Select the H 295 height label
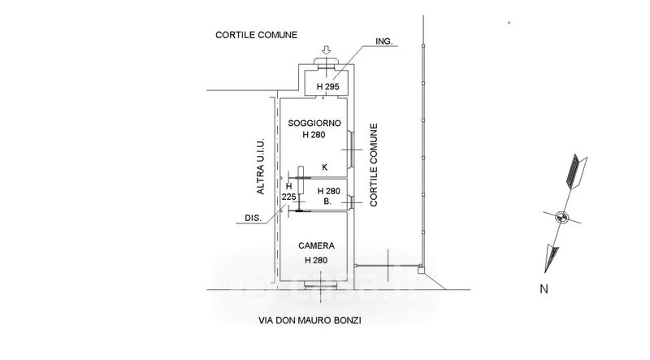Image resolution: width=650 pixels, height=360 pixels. coord(327,86)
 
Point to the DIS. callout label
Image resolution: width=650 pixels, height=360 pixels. coord(253,218)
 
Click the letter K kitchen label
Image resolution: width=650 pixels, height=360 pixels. coord(324,167)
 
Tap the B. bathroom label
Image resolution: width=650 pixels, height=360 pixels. coord(326,201)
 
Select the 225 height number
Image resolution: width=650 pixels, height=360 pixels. coord(288,197)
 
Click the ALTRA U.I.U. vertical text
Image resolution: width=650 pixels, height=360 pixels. coord(260,167)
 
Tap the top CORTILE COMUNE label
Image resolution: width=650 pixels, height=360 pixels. coord(256,35)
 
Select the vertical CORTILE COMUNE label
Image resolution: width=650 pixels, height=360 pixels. coord(375,166)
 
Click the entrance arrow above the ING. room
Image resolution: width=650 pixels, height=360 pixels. coord(325,50)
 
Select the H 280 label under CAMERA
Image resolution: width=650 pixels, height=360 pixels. coord(316,259)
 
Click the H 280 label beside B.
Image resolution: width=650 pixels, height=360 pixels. coord(328,191)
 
